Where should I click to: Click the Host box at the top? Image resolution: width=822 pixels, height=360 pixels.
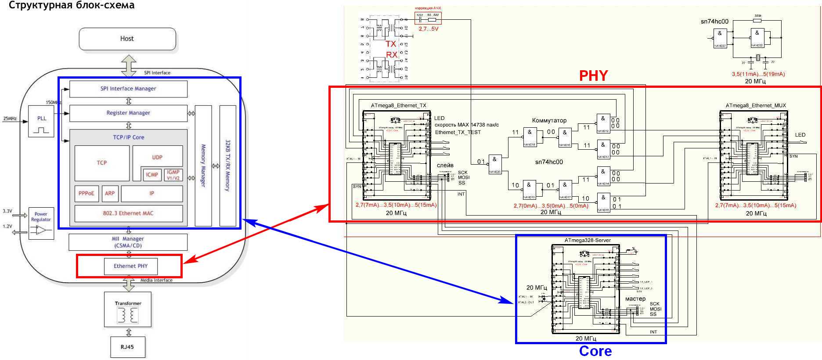[x=127, y=39]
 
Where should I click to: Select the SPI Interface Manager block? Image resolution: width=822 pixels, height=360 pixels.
[x=128, y=89]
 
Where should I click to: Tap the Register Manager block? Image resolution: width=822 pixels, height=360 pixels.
[x=128, y=113]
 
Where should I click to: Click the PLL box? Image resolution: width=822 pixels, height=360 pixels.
[x=41, y=121]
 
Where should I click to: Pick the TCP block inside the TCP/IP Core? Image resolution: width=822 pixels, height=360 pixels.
[x=102, y=163]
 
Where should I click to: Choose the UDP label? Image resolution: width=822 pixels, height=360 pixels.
[x=157, y=157]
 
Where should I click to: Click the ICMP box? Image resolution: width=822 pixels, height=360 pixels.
[x=152, y=175]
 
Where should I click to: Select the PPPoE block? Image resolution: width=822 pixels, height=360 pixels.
[x=87, y=194]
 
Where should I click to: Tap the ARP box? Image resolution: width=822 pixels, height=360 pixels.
[x=110, y=194]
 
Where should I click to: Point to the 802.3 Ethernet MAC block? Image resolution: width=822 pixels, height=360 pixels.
[x=128, y=213]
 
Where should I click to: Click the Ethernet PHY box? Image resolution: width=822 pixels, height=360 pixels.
[x=130, y=266]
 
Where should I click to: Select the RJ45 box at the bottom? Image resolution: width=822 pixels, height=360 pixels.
[x=127, y=347]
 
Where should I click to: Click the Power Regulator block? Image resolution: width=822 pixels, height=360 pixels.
[x=41, y=223]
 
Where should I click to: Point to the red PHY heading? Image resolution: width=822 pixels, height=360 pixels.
[x=593, y=76]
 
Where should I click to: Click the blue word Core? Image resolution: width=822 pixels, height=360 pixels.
[x=595, y=351]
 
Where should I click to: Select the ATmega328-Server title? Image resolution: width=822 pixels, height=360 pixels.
[x=588, y=240]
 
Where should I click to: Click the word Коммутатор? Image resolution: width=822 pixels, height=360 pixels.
[x=549, y=120]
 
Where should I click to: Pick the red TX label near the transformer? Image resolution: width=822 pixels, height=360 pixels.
[x=391, y=44]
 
